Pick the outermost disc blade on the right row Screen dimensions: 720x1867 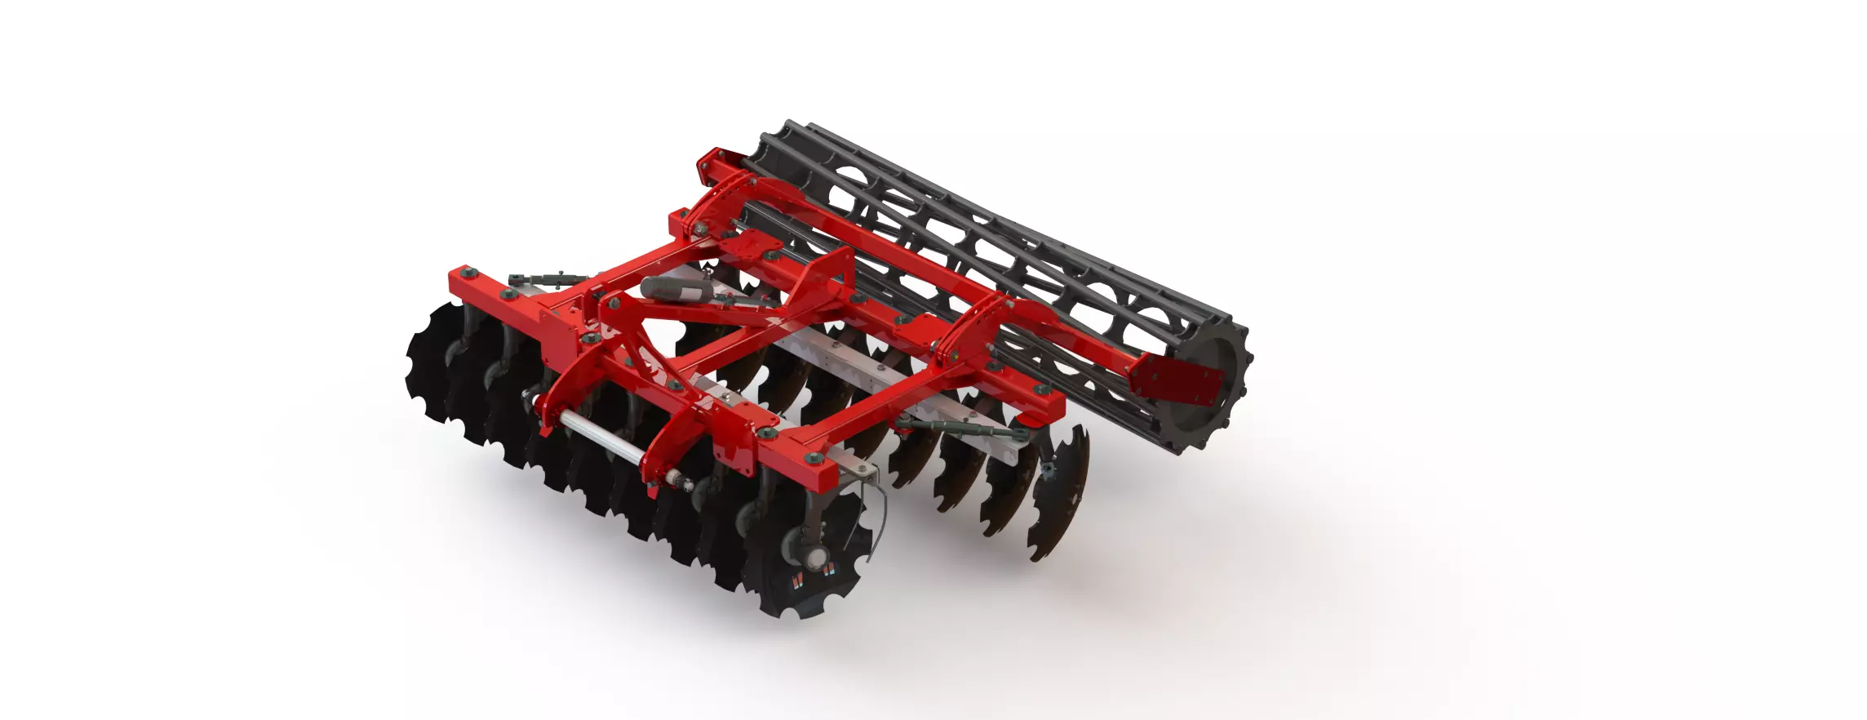pos(1061,494)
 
